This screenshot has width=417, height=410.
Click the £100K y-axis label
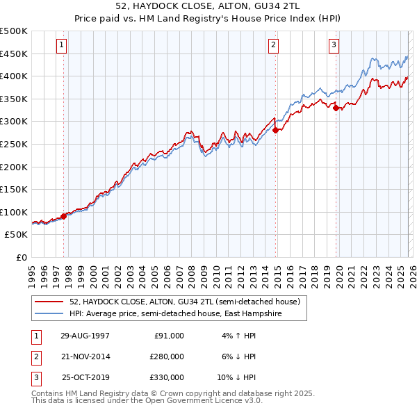coord(14,212)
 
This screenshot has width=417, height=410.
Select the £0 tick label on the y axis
coord(22,257)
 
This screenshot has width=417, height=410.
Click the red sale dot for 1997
coord(63,215)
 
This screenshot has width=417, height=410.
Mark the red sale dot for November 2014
coord(276,130)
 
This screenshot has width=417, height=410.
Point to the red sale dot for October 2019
coord(336,108)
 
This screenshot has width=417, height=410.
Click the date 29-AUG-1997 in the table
coord(85,336)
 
